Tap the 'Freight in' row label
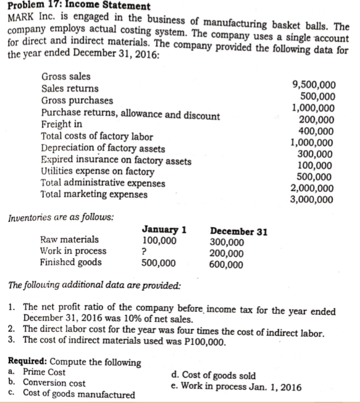tap(62, 125)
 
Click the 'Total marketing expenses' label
tap(93, 194)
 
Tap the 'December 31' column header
tap(239, 231)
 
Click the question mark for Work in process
tap(145, 252)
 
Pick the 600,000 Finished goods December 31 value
tap(227, 265)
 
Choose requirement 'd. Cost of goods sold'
tap(213, 376)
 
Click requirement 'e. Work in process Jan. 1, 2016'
tap(235, 387)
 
